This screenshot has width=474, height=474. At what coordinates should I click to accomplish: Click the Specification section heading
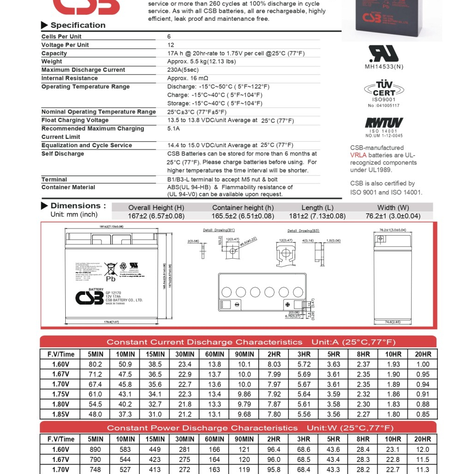(x=78, y=25)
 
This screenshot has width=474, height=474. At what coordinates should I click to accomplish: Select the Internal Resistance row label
(x=69, y=78)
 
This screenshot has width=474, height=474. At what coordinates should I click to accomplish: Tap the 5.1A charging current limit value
(x=174, y=129)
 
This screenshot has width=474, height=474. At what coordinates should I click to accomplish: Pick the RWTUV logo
(x=384, y=123)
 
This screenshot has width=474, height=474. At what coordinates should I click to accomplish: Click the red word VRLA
(x=358, y=156)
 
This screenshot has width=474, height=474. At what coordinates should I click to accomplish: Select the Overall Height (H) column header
(x=156, y=207)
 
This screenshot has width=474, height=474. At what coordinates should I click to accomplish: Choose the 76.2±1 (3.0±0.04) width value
(x=393, y=216)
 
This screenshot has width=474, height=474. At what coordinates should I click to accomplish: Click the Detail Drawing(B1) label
(x=219, y=230)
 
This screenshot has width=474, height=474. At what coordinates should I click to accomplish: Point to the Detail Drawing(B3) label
(x=303, y=231)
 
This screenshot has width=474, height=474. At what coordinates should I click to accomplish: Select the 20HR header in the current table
(x=423, y=354)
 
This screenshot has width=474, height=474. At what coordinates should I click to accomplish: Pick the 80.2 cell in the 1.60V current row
(x=95, y=364)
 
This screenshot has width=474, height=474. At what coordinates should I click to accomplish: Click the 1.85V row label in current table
(x=61, y=414)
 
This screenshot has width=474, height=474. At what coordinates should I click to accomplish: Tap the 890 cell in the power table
(x=95, y=449)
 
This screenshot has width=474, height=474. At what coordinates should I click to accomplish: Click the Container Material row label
(x=68, y=187)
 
